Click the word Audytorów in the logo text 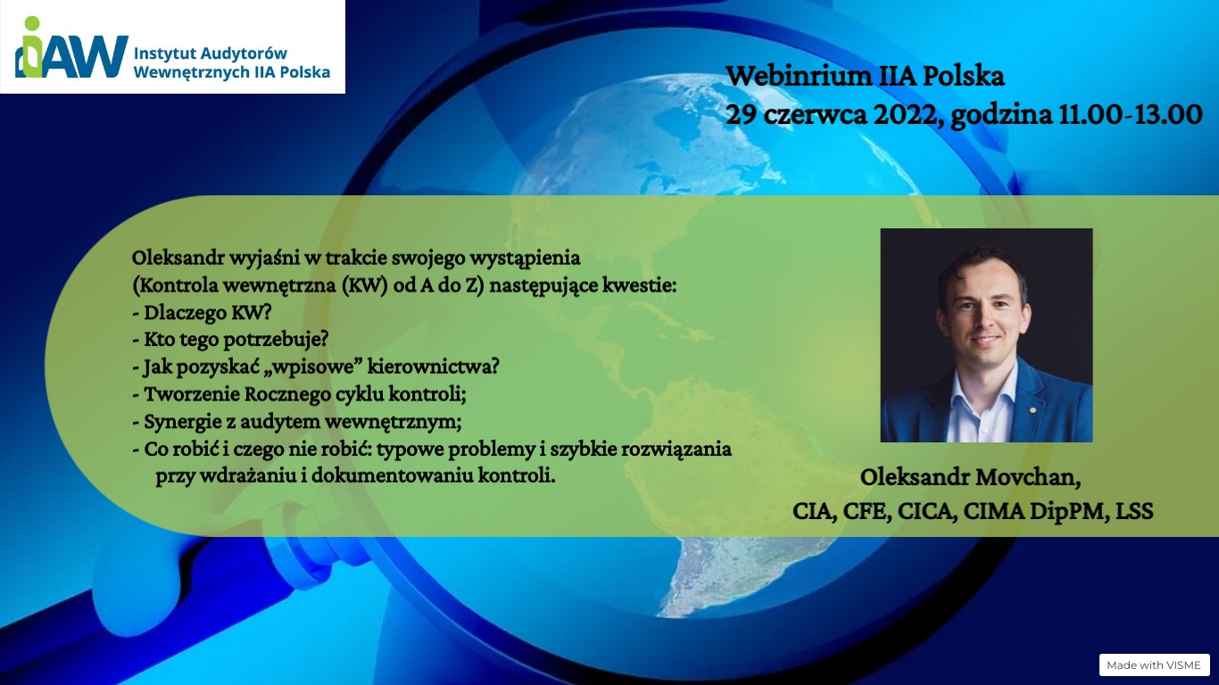[x=245, y=54]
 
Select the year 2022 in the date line [x=906, y=115]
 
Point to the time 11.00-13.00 [x=1130, y=115]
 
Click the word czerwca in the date [x=815, y=116]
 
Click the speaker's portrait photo [x=986, y=335]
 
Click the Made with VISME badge [x=1154, y=664]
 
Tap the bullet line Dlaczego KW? [x=202, y=312]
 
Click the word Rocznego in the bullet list [x=286, y=394]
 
